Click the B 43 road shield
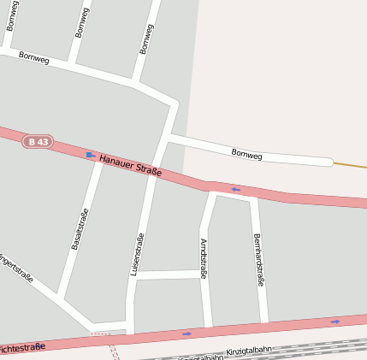click(38, 141)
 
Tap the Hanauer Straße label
click(130, 165)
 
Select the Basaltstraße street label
click(80, 229)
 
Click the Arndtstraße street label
click(204, 258)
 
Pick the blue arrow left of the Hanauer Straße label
click(90, 155)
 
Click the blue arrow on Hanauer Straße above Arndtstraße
click(235, 190)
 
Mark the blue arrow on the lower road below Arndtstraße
click(186, 333)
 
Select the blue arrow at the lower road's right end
click(334, 322)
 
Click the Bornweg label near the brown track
click(246, 155)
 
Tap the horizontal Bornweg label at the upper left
click(33, 58)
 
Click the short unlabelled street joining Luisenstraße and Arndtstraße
click(168, 274)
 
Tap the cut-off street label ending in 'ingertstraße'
click(15, 266)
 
